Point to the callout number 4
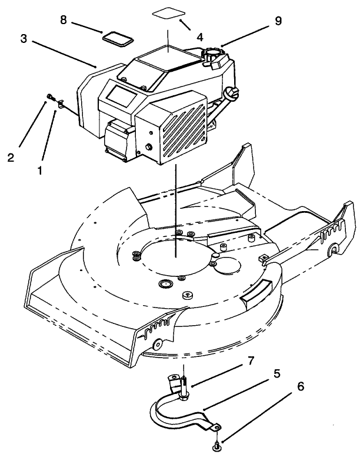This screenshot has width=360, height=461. [x=200, y=36]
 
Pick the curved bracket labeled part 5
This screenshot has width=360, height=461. [x=176, y=414]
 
